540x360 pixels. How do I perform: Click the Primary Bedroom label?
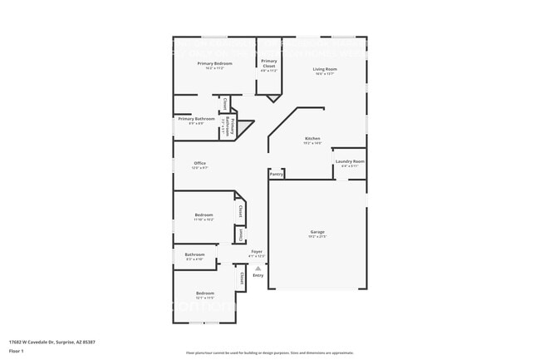coord(214,63)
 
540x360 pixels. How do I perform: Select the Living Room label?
coord(325,69)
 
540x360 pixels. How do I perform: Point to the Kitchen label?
coord(312,138)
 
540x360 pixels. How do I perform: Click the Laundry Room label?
coord(349,161)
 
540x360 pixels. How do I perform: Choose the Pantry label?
coord(277,175)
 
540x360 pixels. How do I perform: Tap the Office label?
coord(199,163)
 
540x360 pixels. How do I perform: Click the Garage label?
coord(317,232)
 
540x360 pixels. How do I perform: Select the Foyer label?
coord(258,251)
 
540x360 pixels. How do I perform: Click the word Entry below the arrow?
coord(258,275)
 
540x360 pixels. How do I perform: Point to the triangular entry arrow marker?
coord(258,268)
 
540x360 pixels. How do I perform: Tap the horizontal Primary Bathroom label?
coord(196,119)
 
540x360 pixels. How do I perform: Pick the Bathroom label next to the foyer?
coord(194,254)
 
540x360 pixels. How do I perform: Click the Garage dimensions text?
coord(317,237)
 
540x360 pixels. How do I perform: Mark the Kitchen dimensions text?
coord(312,143)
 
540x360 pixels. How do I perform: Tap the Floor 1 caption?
coord(17,351)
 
